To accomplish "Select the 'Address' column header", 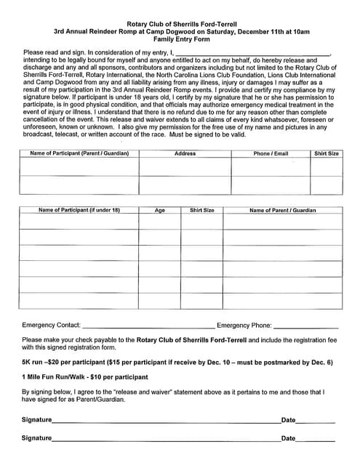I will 185,153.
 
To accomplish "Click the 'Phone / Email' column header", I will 271,153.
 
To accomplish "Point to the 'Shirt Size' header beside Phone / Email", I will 326,153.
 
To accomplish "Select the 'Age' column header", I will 160,210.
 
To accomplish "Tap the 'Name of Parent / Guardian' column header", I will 283,210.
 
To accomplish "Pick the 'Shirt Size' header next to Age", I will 201,210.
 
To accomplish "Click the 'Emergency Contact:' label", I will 52,325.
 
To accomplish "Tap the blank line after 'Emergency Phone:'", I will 305,326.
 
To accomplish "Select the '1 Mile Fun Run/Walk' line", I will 85,377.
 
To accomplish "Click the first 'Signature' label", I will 36,420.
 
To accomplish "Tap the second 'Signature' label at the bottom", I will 36,438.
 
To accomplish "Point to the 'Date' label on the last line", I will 288,438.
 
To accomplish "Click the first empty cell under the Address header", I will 185,167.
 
